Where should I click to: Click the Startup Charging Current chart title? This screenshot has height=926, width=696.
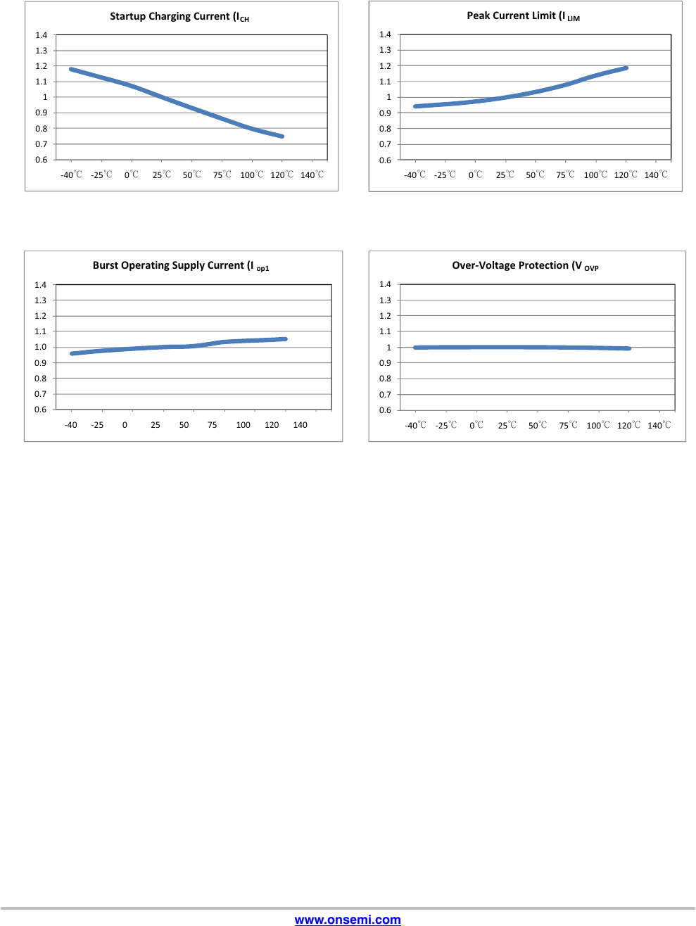point(179,17)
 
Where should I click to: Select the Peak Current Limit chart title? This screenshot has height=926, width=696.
point(523,16)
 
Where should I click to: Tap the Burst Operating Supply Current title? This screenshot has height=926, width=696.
point(181,266)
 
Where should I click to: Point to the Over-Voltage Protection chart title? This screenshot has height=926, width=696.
point(525,266)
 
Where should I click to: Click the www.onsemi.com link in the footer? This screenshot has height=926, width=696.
point(348,920)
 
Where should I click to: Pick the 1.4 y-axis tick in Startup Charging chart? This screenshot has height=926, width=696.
point(42,35)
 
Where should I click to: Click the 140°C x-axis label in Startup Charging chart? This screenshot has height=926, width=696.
point(312,175)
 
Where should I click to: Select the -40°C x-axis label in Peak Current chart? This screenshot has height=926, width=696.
point(415,175)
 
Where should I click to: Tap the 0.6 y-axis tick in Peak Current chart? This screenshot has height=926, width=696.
point(385,160)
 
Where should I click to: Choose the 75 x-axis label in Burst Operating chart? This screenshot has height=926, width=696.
point(213,425)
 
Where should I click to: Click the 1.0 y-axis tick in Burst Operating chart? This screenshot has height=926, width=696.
point(41,347)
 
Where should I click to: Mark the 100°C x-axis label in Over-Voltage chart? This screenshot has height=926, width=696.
point(598,426)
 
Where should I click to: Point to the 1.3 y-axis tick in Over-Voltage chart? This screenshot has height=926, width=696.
point(385,300)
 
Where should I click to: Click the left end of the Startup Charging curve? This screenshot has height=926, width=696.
point(71,69)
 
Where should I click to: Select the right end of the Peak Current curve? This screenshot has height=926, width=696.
point(626,68)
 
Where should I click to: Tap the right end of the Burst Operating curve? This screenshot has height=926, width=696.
point(286,339)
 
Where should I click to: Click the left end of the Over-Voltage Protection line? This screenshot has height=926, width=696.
point(415,348)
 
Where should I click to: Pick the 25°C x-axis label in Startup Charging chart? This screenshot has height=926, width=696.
point(162,175)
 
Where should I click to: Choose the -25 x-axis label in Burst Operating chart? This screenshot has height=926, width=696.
point(97,425)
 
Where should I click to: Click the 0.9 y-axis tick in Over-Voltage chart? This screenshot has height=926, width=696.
point(385,363)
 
